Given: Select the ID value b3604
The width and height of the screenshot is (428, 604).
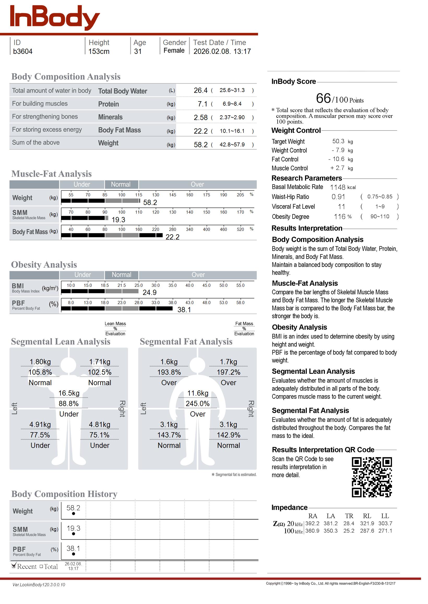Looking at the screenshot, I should pos(23,51).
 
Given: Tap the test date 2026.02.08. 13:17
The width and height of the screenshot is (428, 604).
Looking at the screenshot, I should pos(222,51).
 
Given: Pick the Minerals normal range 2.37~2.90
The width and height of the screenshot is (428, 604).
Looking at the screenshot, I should pos(232,117).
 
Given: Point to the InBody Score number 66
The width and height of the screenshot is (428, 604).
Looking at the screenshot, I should pos(323,99).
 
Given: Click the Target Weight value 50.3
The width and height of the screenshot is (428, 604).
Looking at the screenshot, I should pos(338,141).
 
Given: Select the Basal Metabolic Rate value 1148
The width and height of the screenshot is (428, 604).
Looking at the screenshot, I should pos(338,187).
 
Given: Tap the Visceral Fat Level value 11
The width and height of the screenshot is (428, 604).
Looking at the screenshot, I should pos(341,207).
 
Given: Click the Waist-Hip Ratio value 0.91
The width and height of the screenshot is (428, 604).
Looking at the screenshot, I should pos(338,197).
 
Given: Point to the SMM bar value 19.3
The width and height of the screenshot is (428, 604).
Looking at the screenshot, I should pos(118,220).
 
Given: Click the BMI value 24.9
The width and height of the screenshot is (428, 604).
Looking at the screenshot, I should pos(150,293).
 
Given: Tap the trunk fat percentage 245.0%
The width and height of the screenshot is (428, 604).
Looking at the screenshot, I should pos(198,404).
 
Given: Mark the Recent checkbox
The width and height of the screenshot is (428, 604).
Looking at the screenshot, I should pos(14,566).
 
